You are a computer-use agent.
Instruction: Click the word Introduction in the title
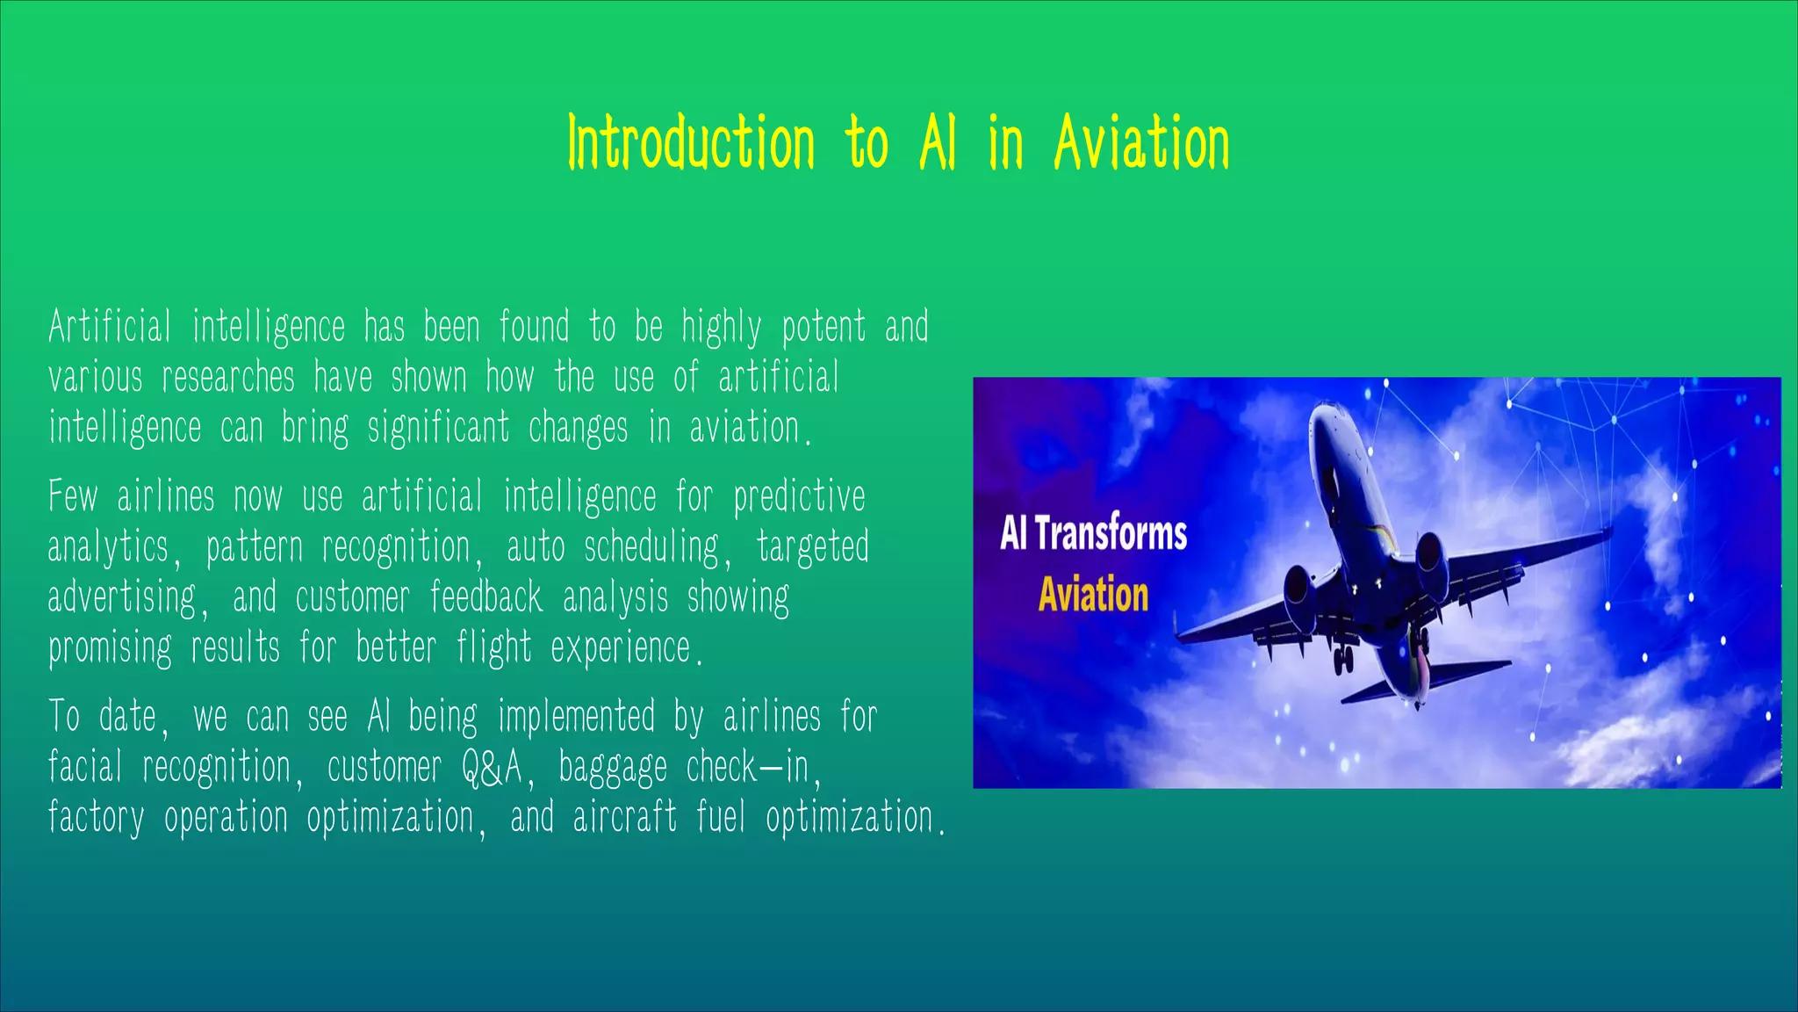pyautogui.click(x=692, y=143)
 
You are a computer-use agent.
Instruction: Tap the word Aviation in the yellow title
pyautogui.click(x=1140, y=143)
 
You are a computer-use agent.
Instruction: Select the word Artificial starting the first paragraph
pyautogui.click(x=109, y=327)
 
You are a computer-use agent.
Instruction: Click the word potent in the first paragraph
pyautogui.click(x=823, y=327)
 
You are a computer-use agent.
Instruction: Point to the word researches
pyautogui.click(x=227, y=378)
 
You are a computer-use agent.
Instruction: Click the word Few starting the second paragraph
pyautogui.click(x=73, y=496)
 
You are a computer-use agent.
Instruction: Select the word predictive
pyautogui.click(x=799, y=496)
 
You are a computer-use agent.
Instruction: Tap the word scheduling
pyautogui.click(x=651, y=547)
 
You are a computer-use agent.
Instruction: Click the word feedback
pyautogui.click(x=485, y=598)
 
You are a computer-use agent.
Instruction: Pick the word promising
pyautogui.click(x=110, y=649)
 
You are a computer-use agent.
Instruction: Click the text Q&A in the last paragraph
pyautogui.click(x=492, y=767)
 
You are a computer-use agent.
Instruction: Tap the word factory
pyautogui.click(x=96, y=818)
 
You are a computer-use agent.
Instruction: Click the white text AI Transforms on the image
pyautogui.click(x=1093, y=533)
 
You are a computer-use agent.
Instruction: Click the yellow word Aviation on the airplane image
pyautogui.click(x=1093, y=595)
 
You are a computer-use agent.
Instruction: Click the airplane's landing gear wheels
pyautogui.click(x=1343, y=660)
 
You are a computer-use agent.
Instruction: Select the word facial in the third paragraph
pyautogui.click(x=84, y=767)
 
